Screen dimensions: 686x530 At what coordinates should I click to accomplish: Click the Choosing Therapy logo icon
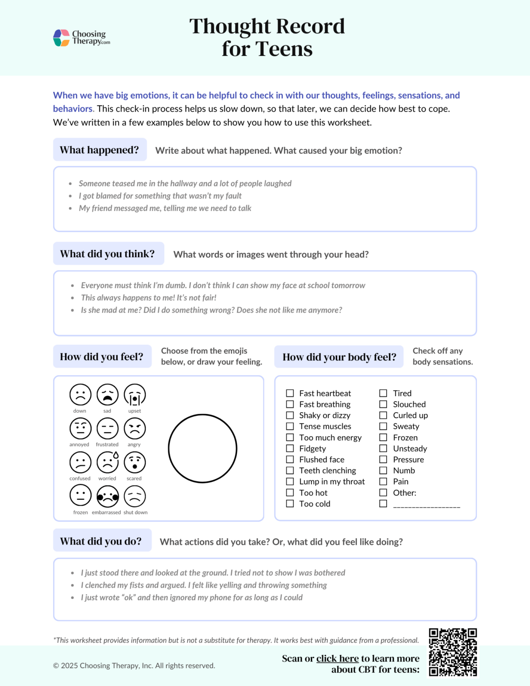[61, 38]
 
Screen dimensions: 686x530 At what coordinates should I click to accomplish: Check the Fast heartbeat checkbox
[290, 393]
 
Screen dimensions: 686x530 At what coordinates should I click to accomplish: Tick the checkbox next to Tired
[383, 393]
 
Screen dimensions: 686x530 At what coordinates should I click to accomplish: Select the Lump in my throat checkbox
[290, 481]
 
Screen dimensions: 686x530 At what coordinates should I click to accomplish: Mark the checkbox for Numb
[383, 470]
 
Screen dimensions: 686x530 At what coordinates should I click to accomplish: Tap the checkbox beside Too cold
[290, 504]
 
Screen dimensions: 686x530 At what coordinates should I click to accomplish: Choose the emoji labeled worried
[108, 462]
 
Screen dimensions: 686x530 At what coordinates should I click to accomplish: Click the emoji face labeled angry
[134, 428]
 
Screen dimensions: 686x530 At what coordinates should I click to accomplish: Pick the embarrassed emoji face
[108, 496]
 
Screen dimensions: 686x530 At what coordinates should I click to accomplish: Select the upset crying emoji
[134, 395]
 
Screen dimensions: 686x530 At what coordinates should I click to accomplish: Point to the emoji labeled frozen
[80, 496]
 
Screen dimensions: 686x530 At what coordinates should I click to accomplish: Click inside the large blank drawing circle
[202, 448]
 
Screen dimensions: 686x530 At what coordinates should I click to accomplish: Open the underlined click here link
[337, 658]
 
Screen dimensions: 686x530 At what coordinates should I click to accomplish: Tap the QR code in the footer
[452, 652]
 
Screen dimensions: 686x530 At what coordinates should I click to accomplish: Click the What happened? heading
[100, 150]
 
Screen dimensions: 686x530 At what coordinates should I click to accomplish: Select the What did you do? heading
[101, 541]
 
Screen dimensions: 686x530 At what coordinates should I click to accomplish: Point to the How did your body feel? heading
[339, 357]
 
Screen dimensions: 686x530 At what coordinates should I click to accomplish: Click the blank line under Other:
[426, 505]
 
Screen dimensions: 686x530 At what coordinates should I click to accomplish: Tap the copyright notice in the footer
[134, 665]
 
